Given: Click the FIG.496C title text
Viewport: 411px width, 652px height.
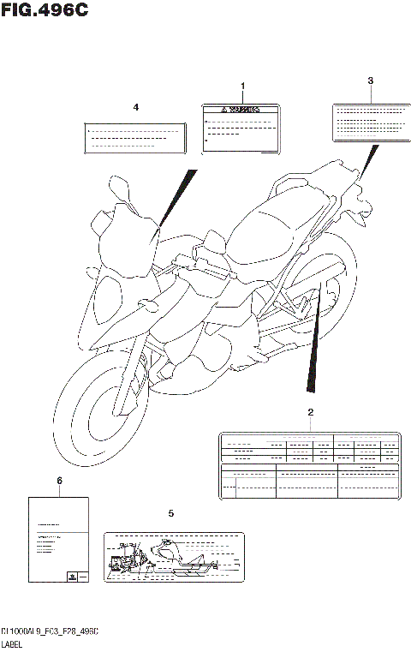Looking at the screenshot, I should click(x=45, y=10).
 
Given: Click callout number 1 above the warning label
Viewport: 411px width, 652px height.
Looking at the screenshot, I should click(x=242, y=87).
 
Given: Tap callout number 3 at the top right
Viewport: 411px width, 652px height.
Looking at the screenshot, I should click(x=370, y=81).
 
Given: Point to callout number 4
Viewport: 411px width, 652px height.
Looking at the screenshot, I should click(x=135, y=107).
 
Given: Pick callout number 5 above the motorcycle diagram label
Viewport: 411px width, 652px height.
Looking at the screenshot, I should click(x=170, y=513).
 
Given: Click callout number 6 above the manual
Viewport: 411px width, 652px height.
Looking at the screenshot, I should click(x=59, y=482).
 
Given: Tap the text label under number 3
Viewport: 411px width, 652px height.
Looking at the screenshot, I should click(x=370, y=122).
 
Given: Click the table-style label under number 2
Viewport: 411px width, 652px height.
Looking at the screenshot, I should click(x=310, y=465).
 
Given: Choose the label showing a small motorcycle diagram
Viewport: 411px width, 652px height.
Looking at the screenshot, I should click(x=173, y=558).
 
